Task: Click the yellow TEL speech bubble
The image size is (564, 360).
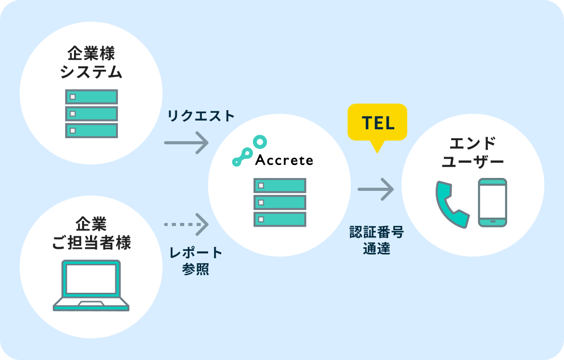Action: (x=377, y=123)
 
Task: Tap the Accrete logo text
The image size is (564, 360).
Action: (x=284, y=160)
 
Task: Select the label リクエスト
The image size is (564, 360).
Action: (x=201, y=116)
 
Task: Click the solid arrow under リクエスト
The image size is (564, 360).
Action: (x=186, y=142)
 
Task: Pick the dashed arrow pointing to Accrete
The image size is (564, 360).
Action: (x=186, y=224)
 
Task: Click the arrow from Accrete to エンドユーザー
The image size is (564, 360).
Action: (x=376, y=189)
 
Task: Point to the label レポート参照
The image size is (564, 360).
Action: (x=196, y=261)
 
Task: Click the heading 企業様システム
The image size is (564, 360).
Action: (x=91, y=63)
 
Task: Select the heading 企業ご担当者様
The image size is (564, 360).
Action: (x=91, y=233)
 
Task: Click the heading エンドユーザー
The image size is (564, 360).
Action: (x=472, y=152)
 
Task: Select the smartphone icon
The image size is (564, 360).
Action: (x=493, y=202)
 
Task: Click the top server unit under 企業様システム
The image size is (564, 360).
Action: (x=91, y=97)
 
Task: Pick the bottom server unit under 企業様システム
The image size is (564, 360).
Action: (x=91, y=130)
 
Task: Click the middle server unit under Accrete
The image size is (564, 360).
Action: (x=279, y=202)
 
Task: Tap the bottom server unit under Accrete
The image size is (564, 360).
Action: (x=279, y=219)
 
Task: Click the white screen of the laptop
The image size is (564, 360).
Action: (x=91, y=278)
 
